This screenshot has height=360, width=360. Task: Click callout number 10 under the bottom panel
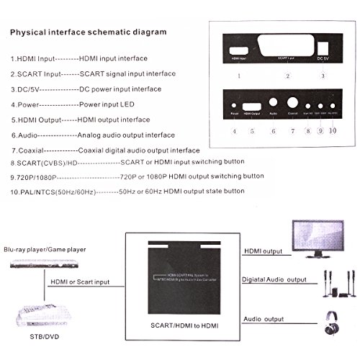[333, 131]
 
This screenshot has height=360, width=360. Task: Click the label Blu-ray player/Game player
[48, 249]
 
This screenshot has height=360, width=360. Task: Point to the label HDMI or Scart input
[80, 282]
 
